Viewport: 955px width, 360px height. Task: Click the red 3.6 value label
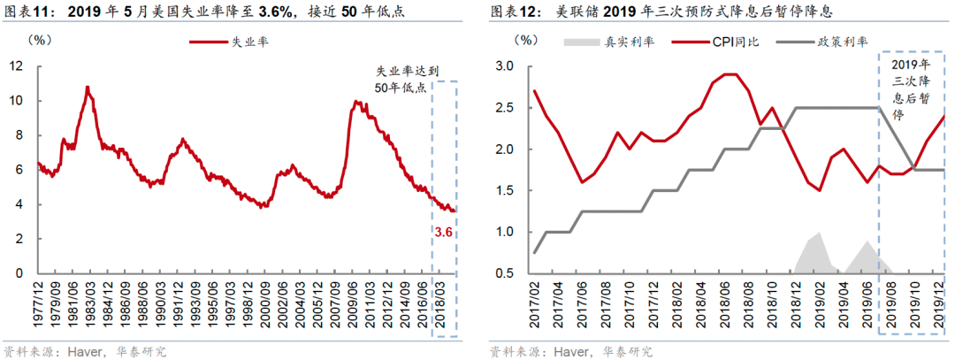442,232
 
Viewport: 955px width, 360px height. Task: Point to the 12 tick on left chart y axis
17,66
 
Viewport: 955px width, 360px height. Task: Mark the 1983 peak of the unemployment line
88,87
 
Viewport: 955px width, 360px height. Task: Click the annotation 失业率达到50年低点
401,79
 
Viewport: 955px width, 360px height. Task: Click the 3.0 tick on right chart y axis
505,66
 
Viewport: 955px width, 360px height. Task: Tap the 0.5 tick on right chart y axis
505,273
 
